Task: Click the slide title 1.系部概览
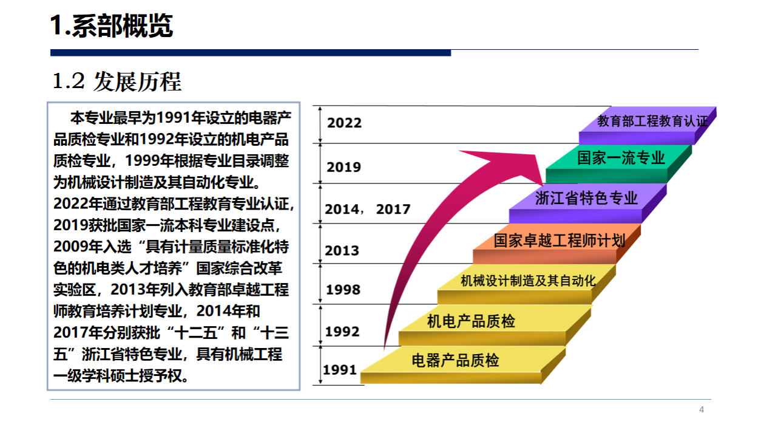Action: [112, 26]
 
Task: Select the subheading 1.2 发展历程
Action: [117, 82]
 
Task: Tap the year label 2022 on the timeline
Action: [344, 123]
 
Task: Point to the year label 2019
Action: [343, 167]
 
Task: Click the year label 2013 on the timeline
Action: [342, 251]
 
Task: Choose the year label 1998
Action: [343, 290]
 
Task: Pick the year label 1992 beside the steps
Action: [342, 332]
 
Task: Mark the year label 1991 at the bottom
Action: [340, 369]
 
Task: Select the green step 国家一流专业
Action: [619, 164]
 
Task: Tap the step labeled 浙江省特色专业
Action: [587, 203]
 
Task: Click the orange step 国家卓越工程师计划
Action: [557, 244]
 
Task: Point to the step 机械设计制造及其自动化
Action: [527, 284]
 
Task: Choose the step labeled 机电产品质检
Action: [495, 325]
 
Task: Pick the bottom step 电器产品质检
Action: [463, 365]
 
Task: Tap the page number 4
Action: [702, 409]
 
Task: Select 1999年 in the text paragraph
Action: [149, 161]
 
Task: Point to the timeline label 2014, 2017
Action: [368, 209]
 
